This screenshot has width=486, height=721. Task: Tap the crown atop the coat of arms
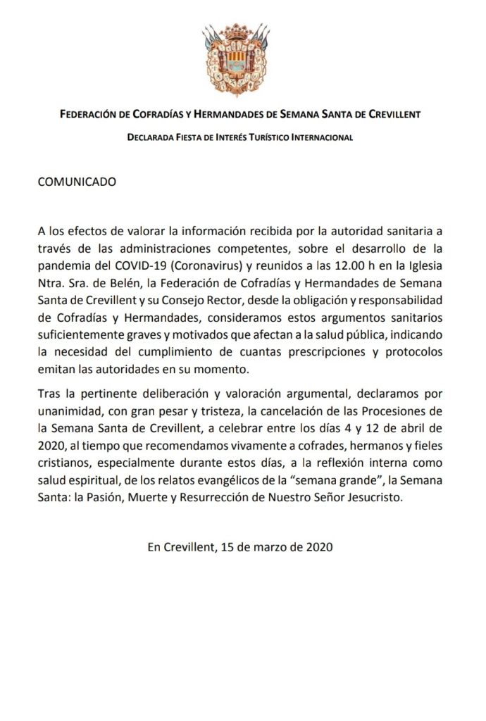(x=242, y=30)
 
